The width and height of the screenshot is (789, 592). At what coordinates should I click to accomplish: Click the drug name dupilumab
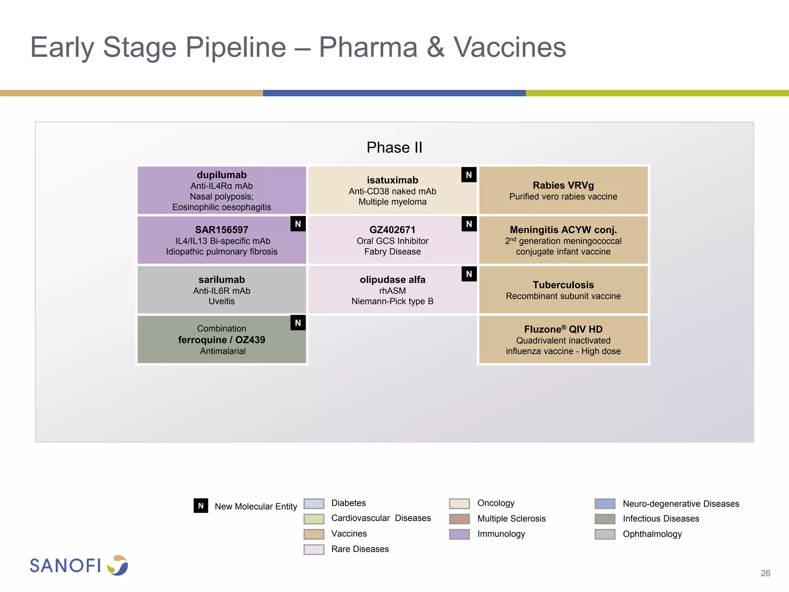click(222, 175)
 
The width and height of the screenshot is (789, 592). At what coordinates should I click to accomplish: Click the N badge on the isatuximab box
click(468, 175)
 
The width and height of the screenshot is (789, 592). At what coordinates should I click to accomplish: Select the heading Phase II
click(394, 148)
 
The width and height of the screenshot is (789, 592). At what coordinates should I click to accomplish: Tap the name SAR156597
click(222, 230)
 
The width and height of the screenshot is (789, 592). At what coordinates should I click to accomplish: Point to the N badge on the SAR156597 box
click(298, 224)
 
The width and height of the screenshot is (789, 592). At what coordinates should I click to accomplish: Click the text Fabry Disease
click(392, 252)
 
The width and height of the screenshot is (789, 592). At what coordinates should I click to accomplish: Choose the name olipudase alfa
click(392, 280)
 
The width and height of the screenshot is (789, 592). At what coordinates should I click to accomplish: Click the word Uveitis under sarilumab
click(222, 301)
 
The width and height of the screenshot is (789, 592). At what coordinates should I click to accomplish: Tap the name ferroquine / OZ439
click(222, 340)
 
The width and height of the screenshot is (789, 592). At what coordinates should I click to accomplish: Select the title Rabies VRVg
click(563, 185)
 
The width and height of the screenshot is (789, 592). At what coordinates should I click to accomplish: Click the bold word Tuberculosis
click(563, 285)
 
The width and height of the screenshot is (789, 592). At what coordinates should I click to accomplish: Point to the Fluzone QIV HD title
click(563, 330)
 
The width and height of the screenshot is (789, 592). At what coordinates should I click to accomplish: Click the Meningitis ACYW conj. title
click(563, 230)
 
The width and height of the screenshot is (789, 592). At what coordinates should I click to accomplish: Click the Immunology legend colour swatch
click(459, 534)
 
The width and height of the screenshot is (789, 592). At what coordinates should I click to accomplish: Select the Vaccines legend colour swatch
click(314, 534)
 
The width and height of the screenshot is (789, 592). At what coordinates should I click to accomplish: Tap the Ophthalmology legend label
click(652, 534)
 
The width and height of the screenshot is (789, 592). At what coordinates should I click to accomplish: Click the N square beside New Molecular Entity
click(201, 506)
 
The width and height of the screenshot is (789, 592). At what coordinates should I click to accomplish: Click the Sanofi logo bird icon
click(118, 565)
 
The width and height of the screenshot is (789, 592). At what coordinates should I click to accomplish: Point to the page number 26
click(765, 573)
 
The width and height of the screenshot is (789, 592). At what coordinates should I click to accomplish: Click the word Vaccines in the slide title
click(509, 47)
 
